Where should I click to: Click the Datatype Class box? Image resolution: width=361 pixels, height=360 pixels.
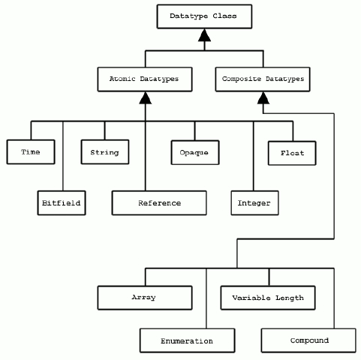click(x=204, y=16)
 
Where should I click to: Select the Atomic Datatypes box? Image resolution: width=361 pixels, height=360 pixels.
click(x=145, y=79)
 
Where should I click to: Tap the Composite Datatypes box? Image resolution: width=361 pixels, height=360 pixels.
click(x=263, y=79)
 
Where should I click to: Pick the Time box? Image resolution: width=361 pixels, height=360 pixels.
click(x=31, y=152)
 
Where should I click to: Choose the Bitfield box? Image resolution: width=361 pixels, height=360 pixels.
click(x=62, y=202)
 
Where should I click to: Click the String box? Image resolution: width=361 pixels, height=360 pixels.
click(x=105, y=152)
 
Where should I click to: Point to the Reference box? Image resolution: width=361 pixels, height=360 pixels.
click(x=159, y=202)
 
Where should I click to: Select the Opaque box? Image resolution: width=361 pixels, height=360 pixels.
click(x=195, y=152)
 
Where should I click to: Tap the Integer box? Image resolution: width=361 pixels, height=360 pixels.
click(x=254, y=202)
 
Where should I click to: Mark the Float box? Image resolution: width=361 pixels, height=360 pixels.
click(x=292, y=153)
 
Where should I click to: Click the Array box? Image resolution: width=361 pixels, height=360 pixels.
click(x=145, y=298)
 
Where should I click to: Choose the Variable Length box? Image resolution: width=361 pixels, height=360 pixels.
click(x=268, y=298)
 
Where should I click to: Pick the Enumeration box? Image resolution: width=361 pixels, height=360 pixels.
click(x=188, y=340)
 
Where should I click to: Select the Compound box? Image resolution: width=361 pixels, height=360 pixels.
click(x=308, y=340)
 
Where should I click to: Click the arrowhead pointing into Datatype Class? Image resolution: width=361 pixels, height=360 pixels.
click(x=204, y=35)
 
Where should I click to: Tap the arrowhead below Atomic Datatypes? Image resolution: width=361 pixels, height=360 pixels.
click(x=146, y=97)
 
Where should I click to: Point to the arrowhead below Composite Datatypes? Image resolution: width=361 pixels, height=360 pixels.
click(x=263, y=97)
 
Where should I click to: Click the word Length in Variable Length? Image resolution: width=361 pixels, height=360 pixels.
click(x=290, y=298)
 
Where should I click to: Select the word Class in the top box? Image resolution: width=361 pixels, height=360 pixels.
click(x=224, y=16)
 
